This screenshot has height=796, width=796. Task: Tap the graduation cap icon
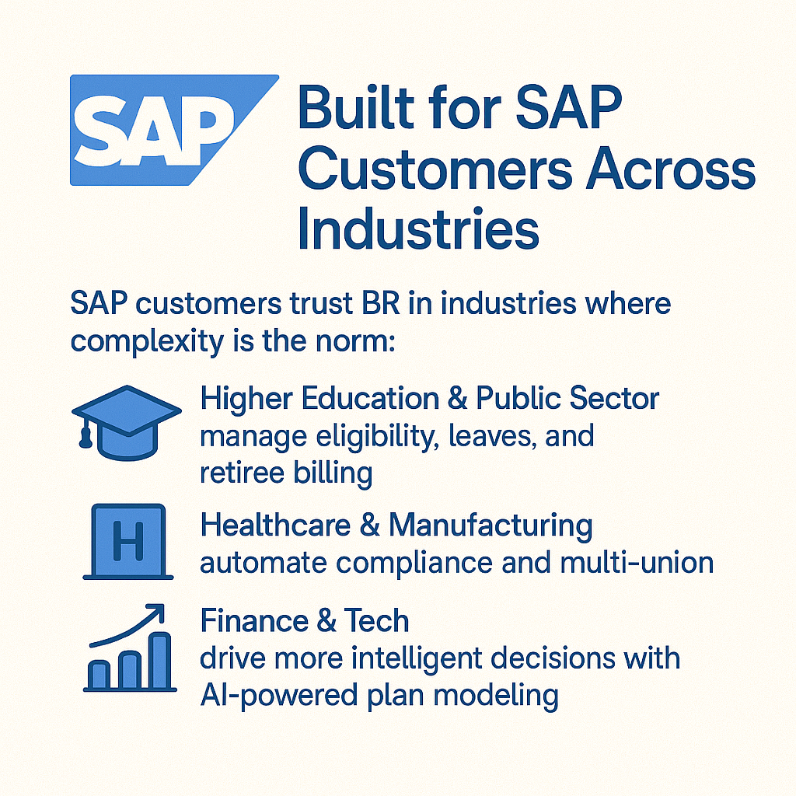pos(127,422)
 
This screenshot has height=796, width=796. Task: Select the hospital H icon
pos(128,541)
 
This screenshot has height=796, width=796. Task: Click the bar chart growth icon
pos(130,648)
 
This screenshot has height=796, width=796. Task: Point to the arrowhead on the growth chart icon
pos(157,611)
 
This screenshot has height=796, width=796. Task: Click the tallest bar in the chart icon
pos(161,661)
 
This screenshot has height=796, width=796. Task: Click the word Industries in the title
pos(417,229)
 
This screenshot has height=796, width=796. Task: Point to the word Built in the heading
pos(356,107)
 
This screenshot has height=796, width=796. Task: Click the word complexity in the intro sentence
pos(147,342)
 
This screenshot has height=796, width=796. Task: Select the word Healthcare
pos(276,525)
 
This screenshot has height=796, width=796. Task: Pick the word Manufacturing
pos(491,525)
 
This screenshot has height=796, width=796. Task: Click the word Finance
pos(254,620)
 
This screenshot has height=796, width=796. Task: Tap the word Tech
pos(376,620)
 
